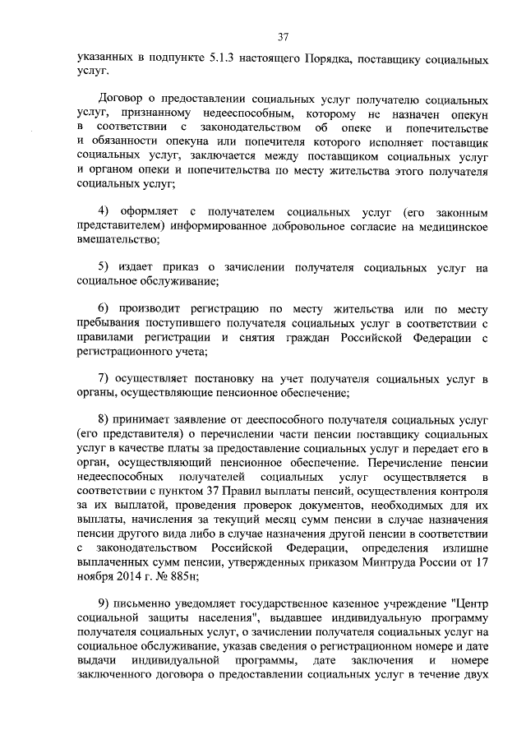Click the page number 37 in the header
(x=283, y=37)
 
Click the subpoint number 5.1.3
(x=215, y=60)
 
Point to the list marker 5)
(x=104, y=268)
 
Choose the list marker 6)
(x=104, y=310)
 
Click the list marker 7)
(x=104, y=380)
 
